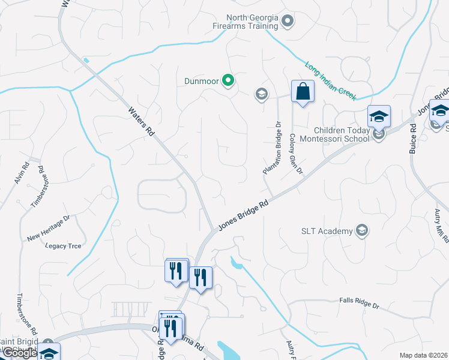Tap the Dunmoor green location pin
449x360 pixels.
click(x=228, y=80)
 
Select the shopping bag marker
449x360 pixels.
click(x=303, y=92)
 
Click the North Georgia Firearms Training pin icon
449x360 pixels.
click(x=288, y=22)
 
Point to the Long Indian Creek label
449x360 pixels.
click(x=331, y=80)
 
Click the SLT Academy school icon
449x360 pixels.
click(x=361, y=231)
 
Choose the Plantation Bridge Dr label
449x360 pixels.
click(x=272, y=149)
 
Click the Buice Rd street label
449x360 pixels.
click(x=413, y=139)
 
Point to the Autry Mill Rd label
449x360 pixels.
click(x=442, y=226)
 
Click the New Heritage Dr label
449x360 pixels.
click(x=49, y=229)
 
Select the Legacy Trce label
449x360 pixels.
click(x=62, y=246)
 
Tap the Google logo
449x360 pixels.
click(x=19, y=353)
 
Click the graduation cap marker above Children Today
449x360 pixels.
click(x=379, y=115)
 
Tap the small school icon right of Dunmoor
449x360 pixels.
click(x=261, y=94)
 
